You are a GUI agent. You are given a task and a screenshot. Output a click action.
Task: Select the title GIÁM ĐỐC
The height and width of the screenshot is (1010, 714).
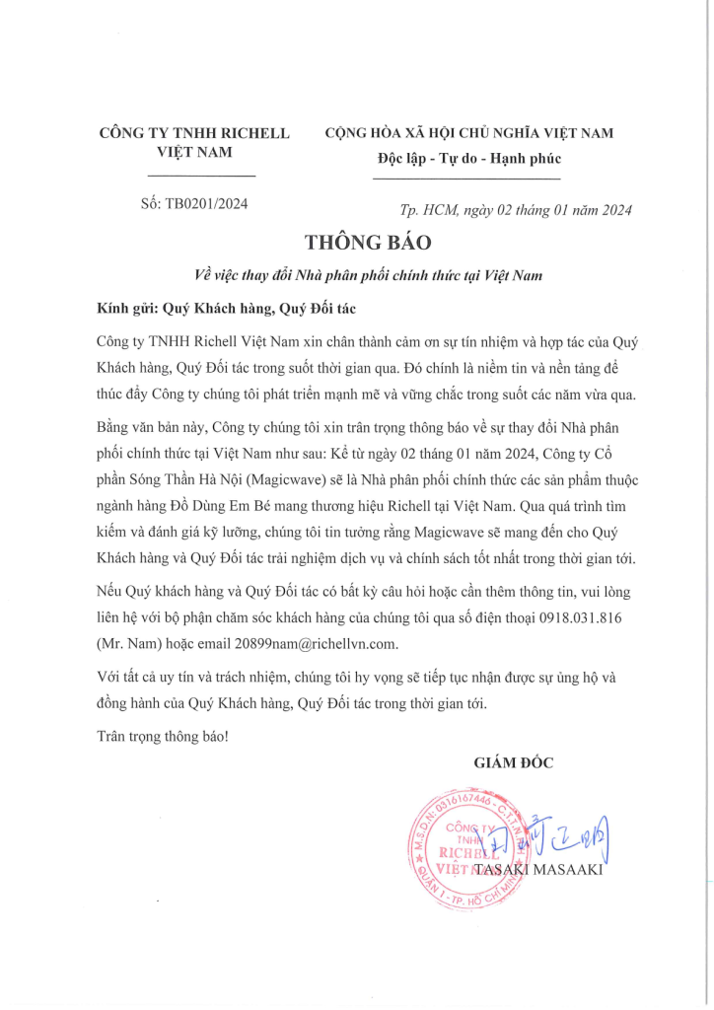click(x=514, y=762)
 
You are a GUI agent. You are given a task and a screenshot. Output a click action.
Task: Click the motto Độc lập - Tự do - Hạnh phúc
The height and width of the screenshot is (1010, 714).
click(x=467, y=159)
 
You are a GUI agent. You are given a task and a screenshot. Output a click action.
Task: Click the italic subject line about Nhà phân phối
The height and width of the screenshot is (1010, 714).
click(x=369, y=275)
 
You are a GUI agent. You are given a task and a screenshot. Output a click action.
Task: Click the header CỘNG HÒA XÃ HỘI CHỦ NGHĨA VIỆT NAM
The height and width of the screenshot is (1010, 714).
click(x=468, y=133)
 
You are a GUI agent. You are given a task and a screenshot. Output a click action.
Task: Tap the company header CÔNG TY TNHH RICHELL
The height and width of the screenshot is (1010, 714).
click(x=195, y=133)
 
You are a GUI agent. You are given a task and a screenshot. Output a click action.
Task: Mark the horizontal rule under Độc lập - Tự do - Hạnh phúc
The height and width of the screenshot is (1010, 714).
click(x=466, y=179)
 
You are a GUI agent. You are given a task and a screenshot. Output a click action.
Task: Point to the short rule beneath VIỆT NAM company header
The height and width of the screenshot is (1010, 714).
click(x=200, y=176)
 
